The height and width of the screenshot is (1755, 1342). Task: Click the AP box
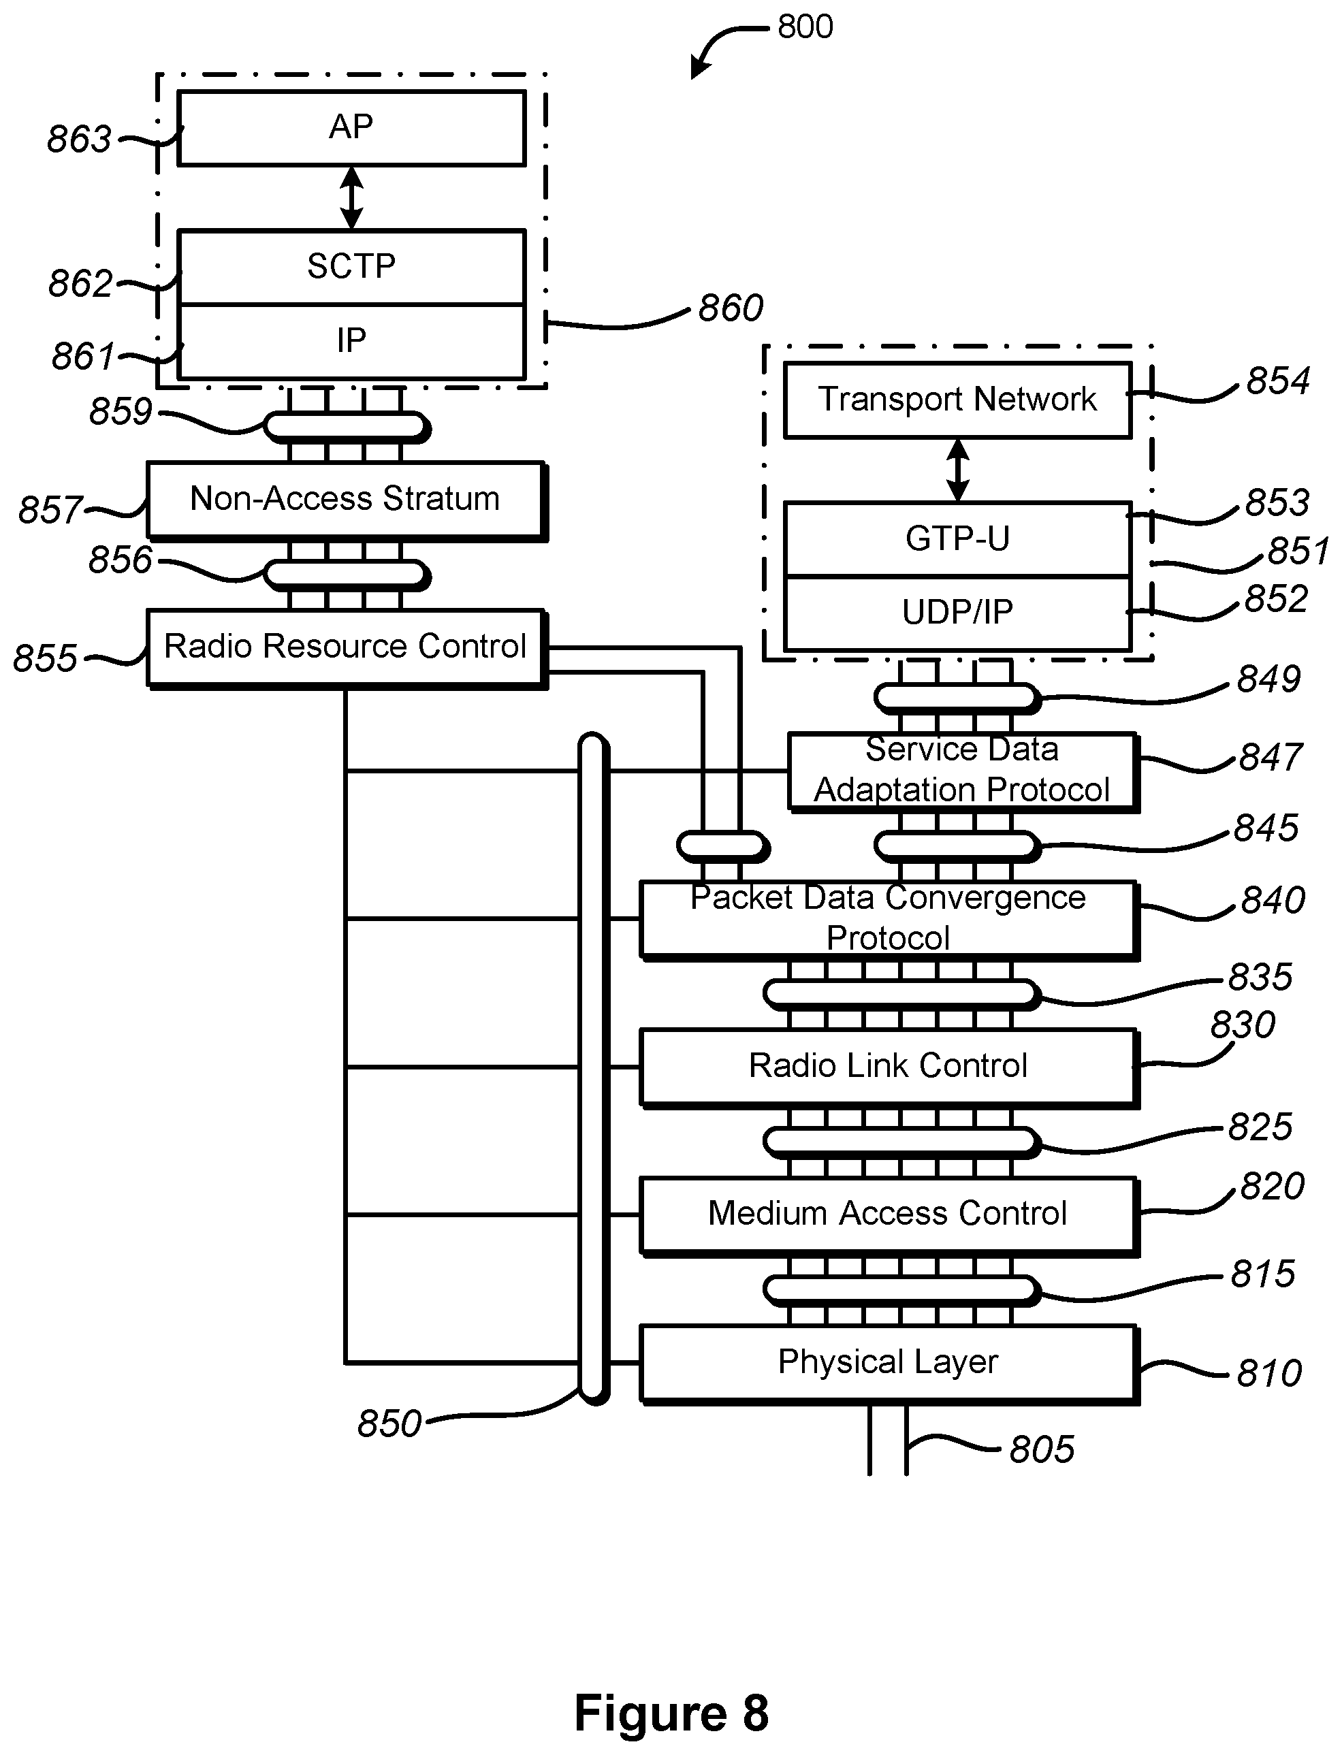coord(351,129)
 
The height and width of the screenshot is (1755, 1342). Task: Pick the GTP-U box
coord(957,539)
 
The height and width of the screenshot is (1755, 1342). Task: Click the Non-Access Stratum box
coord(345,499)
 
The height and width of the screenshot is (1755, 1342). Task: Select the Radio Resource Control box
coord(345,647)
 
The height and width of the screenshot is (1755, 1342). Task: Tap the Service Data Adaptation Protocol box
coord(962,771)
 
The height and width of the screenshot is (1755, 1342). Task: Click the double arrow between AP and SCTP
coord(351,198)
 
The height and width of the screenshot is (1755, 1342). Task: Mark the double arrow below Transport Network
coord(957,470)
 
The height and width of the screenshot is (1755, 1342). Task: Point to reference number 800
coord(805,27)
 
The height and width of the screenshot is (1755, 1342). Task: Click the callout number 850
coord(389,1423)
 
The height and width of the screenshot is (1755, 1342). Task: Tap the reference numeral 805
coord(1042,1449)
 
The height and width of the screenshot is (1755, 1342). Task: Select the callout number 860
coord(731,308)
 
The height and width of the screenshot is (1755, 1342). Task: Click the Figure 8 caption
coord(671,1713)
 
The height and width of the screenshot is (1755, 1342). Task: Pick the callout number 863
coord(78,140)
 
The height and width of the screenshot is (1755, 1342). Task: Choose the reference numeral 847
coord(1270,757)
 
